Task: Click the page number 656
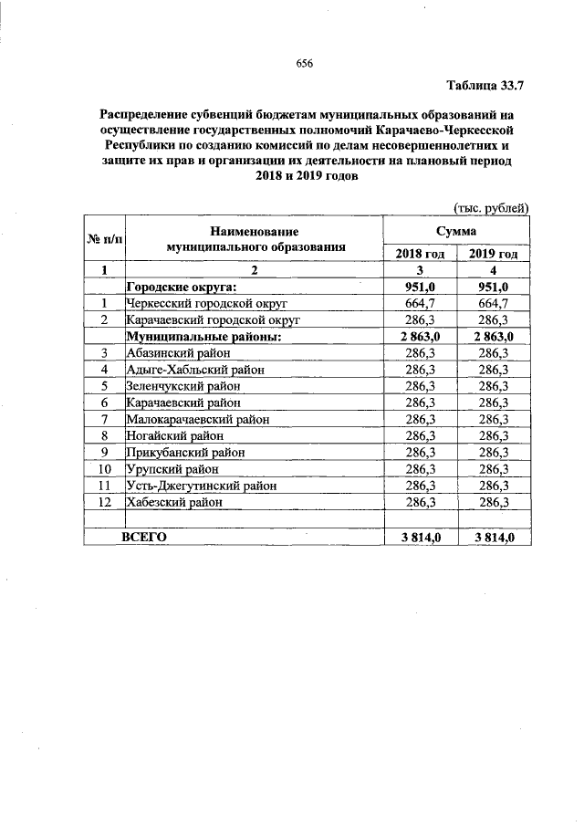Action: click(305, 63)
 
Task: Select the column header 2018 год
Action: click(420, 254)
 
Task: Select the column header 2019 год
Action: click(494, 254)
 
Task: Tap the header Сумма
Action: click(456, 233)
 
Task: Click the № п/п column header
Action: click(105, 239)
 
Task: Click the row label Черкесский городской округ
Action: click(208, 303)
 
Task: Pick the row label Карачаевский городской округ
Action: click(213, 319)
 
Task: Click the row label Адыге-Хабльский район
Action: click(194, 370)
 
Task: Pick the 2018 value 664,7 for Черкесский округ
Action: click(420, 303)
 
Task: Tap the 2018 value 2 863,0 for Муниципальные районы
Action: click(420, 337)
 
